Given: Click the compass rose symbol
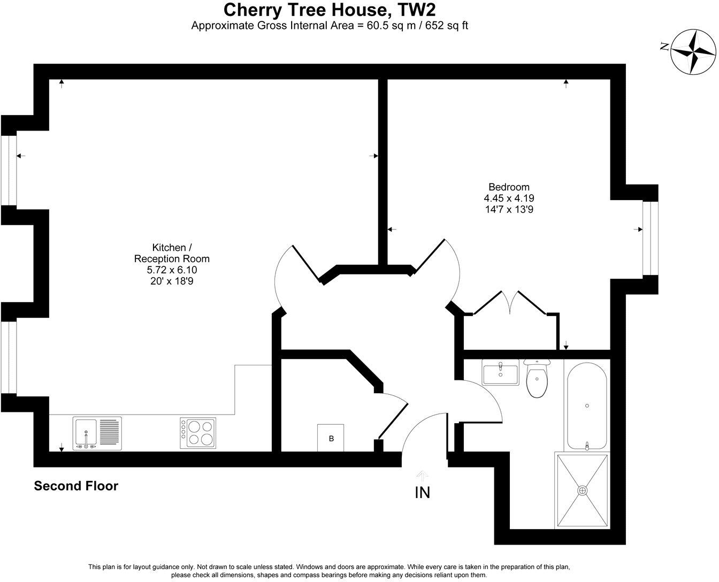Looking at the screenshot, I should [x=693, y=52].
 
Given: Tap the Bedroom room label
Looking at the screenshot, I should [x=509, y=187].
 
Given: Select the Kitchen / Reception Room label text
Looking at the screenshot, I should [x=171, y=253].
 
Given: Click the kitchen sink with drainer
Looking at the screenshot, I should [x=97, y=433].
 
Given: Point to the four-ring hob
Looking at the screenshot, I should [x=198, y=433].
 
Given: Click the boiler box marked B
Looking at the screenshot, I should [x=331, y=438].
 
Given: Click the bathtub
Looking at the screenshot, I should [x=587, y=405].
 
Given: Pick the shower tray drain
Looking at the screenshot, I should [x=582, y=490].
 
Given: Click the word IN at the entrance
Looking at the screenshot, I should [x=423, y=493].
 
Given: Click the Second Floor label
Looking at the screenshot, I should [x=76, y=486].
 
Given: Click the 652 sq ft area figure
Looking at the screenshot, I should [x=447, y=25].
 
